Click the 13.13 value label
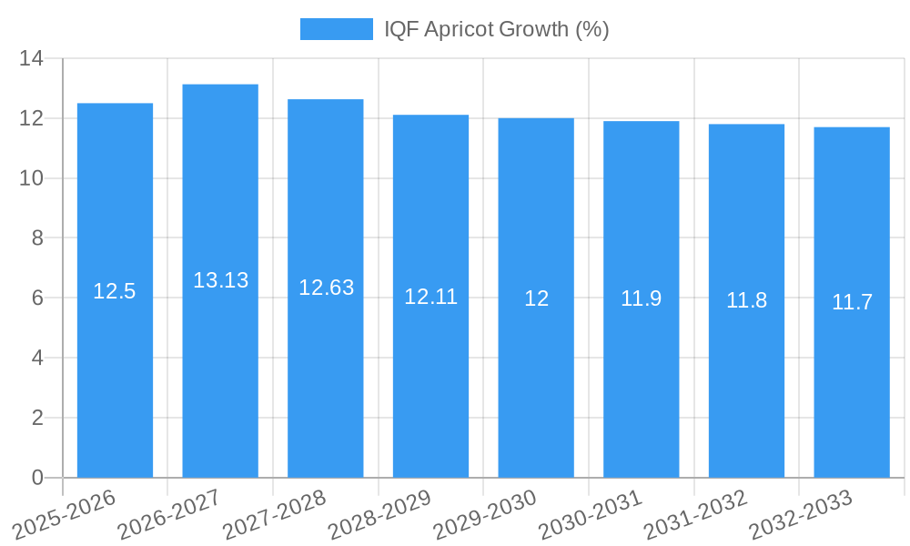[220, 280]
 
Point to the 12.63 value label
[326, 288]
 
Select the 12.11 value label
[430, 296]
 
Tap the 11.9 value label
[641, 298]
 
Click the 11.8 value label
[746, 300]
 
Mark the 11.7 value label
[852, 302]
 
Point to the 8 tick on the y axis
[37, 238]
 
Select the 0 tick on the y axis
[37, 478]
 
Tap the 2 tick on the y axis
[37, 418]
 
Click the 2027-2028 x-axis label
[275, 515]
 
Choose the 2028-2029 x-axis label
[379, 515]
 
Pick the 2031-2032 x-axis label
[695, 515]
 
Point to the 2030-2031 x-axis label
[591, 515]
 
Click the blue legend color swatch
[336, 29]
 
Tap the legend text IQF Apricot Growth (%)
[496, 29]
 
